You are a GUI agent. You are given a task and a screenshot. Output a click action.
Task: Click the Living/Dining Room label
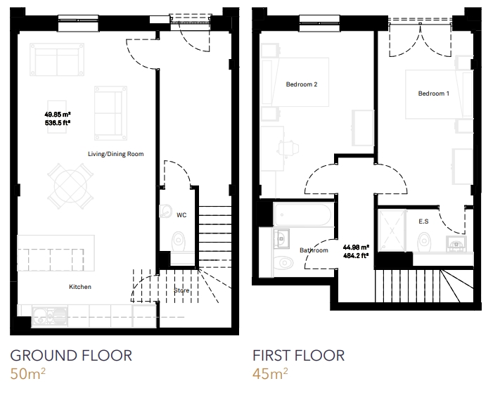point(116,154)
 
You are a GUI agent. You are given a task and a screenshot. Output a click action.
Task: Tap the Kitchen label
point(80,287)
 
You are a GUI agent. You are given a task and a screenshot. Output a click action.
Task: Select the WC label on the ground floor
point(181,215)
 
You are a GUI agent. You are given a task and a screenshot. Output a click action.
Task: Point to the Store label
point(181,290)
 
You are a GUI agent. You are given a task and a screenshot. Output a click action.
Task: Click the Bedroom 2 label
point(302,84)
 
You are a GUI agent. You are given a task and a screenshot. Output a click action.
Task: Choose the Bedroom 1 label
point(434,94)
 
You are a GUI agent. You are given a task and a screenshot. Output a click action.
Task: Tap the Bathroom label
point(314,250)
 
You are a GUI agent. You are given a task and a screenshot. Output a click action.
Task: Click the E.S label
point(423,221)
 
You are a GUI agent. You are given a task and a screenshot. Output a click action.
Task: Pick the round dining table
point(70,186)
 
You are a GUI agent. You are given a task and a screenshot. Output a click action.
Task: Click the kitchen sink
point(49,316)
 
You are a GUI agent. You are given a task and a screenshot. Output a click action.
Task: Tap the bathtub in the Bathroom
point(302,214)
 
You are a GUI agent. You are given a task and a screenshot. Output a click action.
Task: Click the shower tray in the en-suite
point(392,230)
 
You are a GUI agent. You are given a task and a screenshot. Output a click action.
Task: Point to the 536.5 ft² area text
point(58,122)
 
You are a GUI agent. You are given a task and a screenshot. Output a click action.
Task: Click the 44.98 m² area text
point(356,247)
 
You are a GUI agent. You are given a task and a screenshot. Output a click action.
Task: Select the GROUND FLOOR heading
point(71,356)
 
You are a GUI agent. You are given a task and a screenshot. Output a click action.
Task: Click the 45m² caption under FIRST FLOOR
point(270,373)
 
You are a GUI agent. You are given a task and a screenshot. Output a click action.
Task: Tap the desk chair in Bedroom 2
point(288,148)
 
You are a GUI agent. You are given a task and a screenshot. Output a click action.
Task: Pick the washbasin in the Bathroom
point(281,238)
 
